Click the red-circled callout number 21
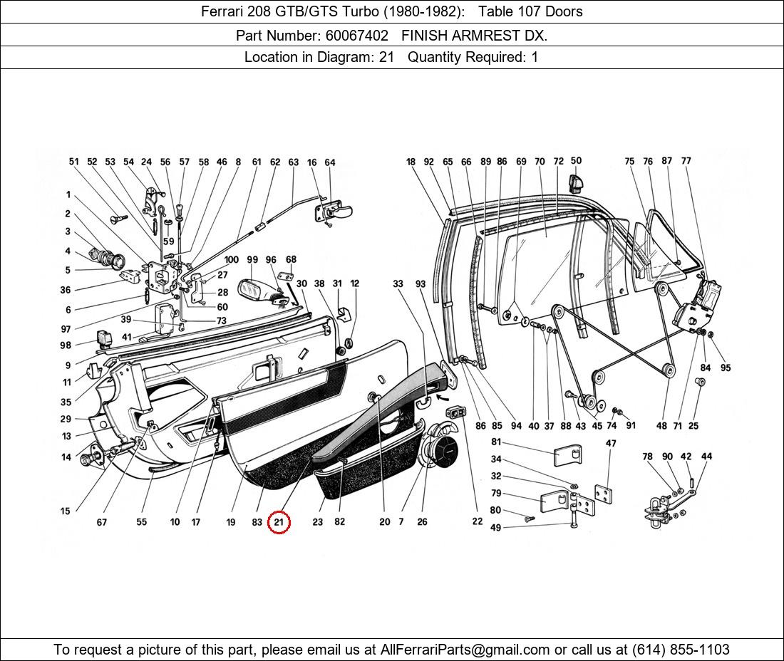[279, 522]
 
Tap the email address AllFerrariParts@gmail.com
[465, 650]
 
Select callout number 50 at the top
[576, 161]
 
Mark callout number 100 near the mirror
[232, 260]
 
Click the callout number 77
[686, 161]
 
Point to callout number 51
[73, 162]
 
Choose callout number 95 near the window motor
[726, 368]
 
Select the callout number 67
[102, 522]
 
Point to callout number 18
[411, 162]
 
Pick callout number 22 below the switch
[477, 521]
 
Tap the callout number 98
[66, 345]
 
